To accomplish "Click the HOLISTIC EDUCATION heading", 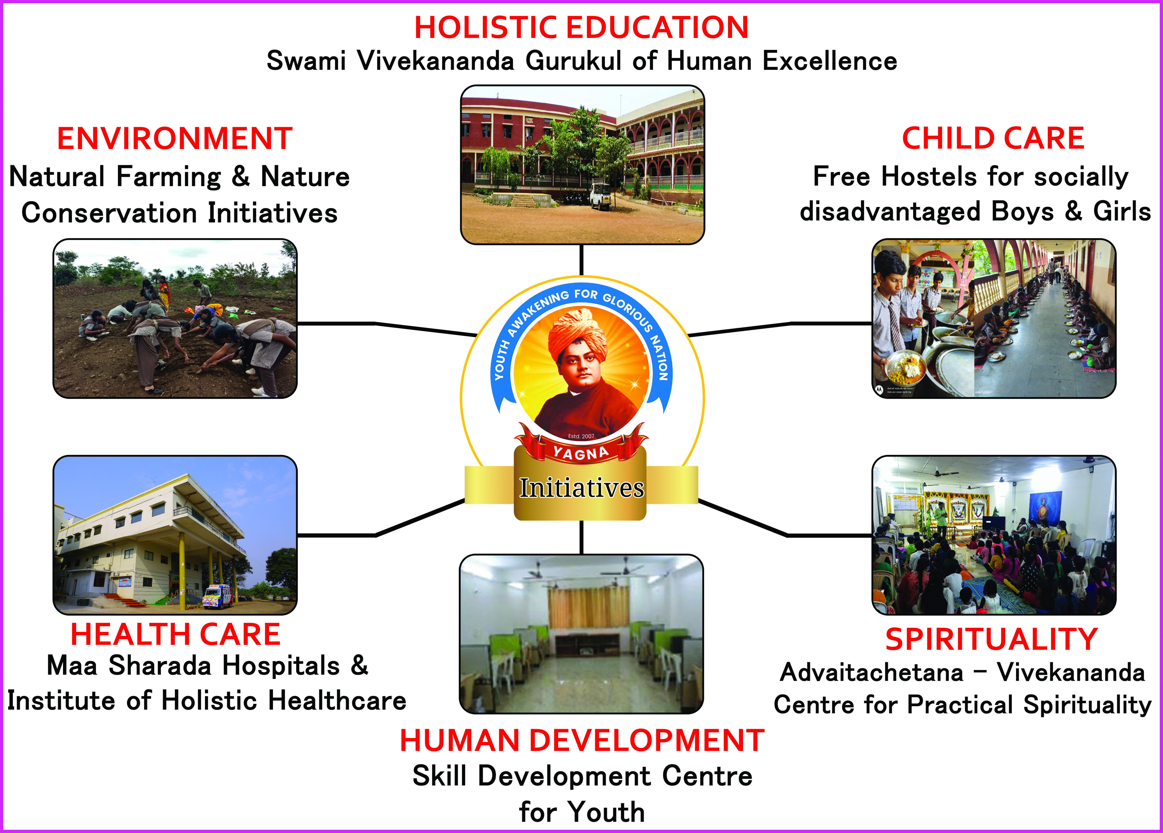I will click(x=581, y=28).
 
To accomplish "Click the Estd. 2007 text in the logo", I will click(x=581, y=436).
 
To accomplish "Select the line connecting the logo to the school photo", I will click(x=581, y=260).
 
